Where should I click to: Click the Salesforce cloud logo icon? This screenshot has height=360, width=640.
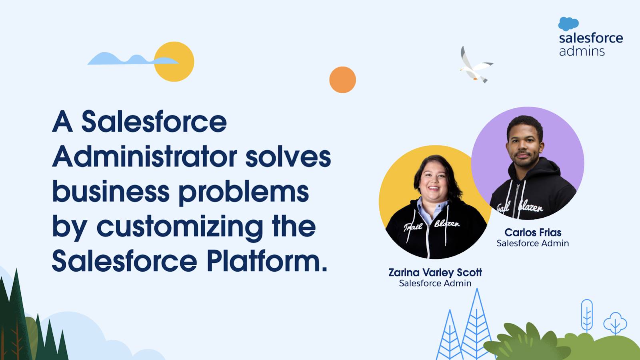point(568,24)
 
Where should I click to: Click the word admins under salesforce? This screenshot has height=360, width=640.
point(582,51)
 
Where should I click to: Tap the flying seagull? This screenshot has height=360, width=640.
point(475,66)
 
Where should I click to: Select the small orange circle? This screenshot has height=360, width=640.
point(342,80)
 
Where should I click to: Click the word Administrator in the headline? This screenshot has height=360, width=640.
point(145,157)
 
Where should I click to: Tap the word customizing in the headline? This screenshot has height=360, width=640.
point(180,227)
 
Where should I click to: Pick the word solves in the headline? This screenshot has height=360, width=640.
point(288,157)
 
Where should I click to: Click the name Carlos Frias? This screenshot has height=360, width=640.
point(533,232)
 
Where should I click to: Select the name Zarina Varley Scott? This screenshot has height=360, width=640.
point(435,272)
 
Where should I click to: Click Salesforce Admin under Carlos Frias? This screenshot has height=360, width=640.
point(532,243)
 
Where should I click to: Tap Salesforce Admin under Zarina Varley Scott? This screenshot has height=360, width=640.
point(435,283)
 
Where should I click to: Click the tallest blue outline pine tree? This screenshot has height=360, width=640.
point(476,324)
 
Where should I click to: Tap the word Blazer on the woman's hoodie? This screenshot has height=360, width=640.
point(447,224)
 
